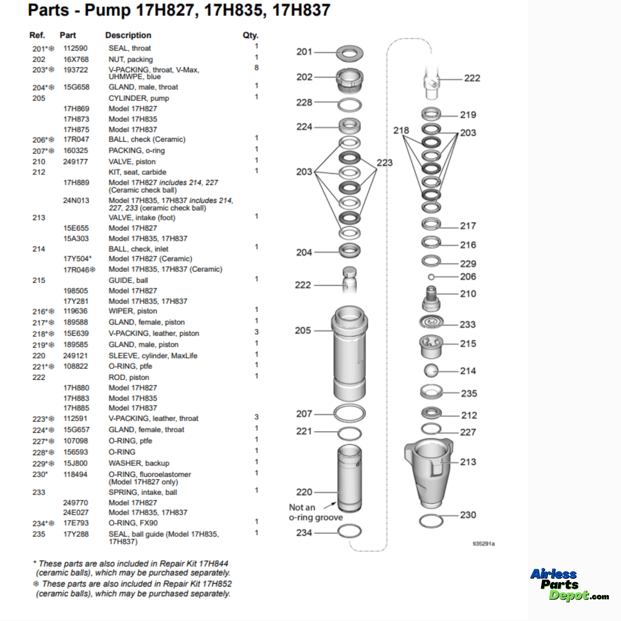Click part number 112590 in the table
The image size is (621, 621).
tap(75, 48)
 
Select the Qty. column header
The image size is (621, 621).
tap(250, 35)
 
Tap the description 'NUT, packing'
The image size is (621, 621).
tap(130, 59)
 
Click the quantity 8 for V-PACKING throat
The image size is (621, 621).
tap(256, 68)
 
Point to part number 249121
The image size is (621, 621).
tap(75, 355)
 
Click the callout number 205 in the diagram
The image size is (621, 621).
tap(303, 331)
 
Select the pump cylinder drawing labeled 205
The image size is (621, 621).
tap(349, 354)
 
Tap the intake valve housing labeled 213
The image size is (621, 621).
tap(429, 472)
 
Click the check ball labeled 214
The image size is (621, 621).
tap(431, 371)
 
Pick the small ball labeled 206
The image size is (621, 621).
tap(431, 277)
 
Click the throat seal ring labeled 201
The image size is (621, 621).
tap(349, 53)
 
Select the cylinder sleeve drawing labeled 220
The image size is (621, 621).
tap(349, 477)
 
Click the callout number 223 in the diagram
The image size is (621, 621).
tap(384, 163)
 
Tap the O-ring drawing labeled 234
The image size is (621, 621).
tap(349, 531)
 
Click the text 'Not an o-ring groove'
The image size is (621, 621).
tap(316, 512)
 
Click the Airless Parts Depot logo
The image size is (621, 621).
tap(569, 584)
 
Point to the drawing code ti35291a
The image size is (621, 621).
tap(483, 544)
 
